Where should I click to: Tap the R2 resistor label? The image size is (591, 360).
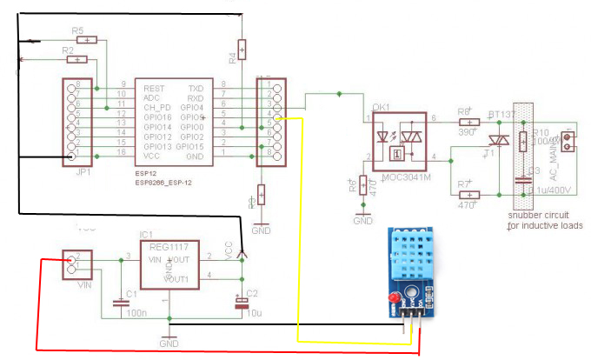69,51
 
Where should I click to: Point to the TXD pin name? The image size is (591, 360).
196,90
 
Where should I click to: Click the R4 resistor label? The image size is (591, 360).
232,58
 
